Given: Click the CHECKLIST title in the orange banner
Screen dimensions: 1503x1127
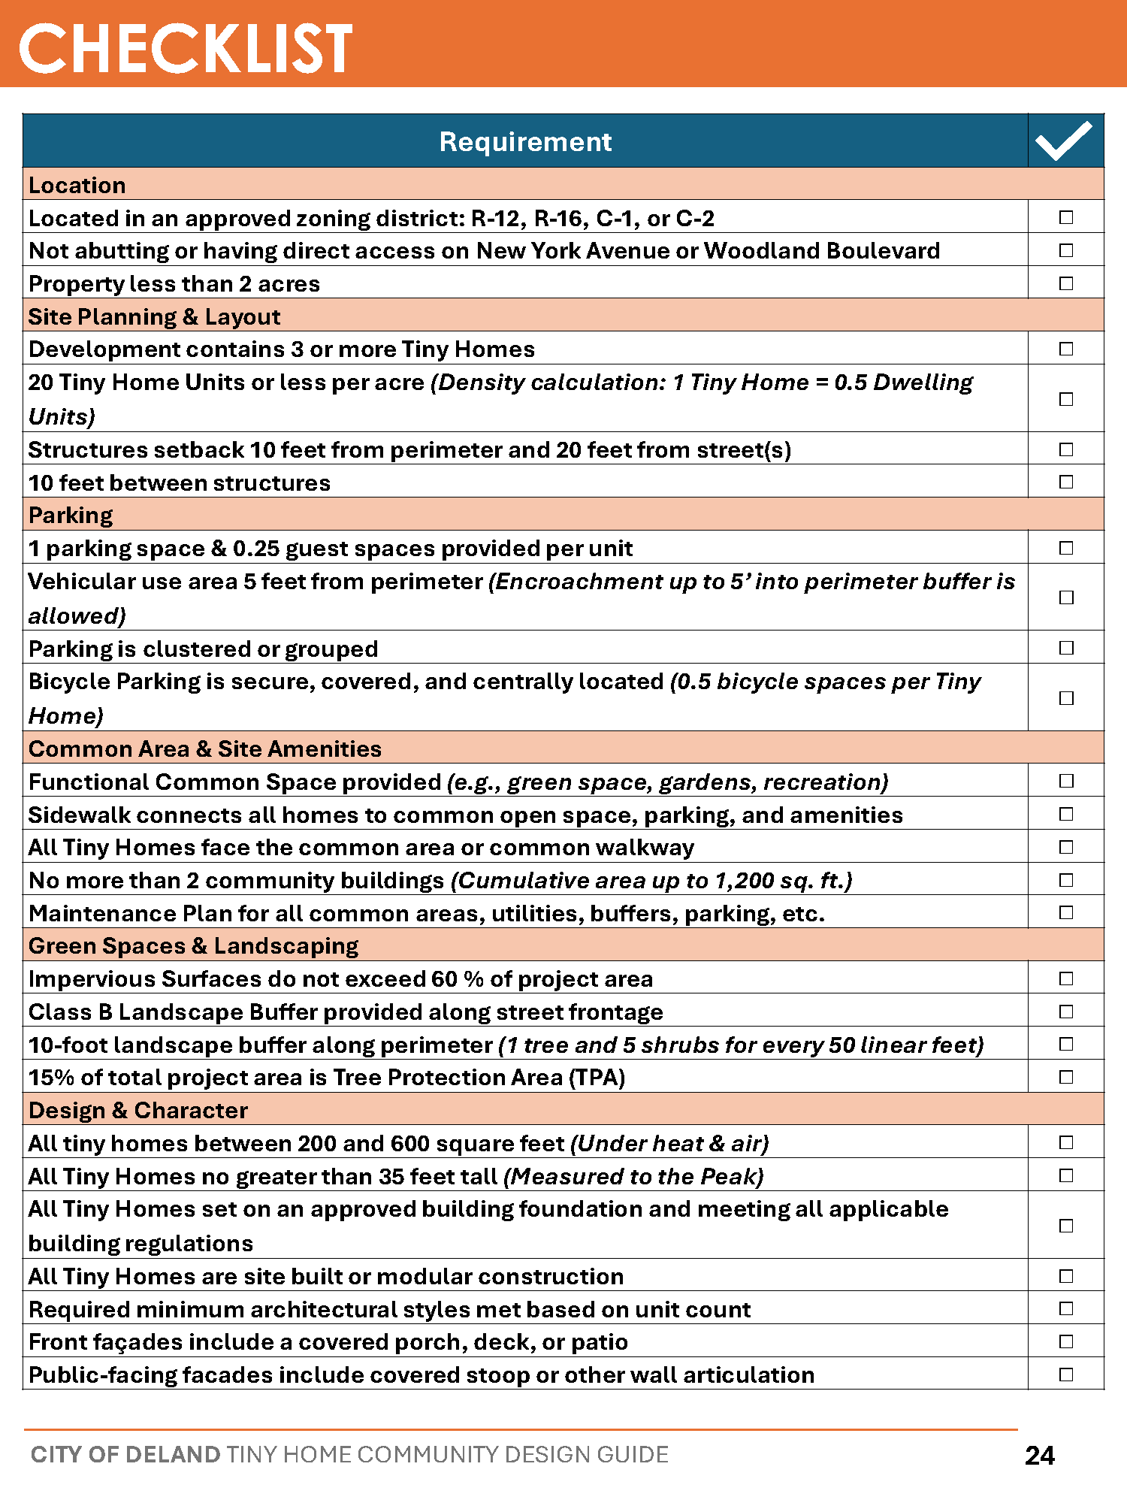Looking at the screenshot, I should [186, 48].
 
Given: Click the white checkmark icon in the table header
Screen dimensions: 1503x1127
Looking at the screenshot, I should [1064, 141].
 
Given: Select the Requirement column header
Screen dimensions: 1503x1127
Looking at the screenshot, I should [525, 141].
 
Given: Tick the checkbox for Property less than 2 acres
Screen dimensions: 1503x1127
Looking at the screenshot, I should [1066, 283].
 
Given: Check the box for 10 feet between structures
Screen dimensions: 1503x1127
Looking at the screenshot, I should [1066, 482].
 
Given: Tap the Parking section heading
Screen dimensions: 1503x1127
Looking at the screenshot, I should [71, 516].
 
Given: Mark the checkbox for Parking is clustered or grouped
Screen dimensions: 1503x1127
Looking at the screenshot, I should [1066, 648].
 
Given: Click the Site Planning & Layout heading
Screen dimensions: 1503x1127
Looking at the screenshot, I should [154, 316].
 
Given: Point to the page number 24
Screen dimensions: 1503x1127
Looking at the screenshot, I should [1040, 1456].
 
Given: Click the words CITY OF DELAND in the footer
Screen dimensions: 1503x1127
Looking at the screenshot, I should [125, 1454].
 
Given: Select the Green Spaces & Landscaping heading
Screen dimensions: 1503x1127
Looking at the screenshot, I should [193, 945].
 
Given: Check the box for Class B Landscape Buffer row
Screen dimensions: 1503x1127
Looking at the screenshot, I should [1066, 1012].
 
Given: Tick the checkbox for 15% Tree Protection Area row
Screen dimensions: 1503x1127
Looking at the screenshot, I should [1066, 1077].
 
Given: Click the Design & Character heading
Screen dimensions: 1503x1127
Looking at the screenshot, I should [137, 1110].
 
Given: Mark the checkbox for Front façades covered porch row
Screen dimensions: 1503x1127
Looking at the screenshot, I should [1066, 1341].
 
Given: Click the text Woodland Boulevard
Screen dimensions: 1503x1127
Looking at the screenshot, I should [821, 250].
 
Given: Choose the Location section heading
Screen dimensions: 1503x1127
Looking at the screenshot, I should [77, 185].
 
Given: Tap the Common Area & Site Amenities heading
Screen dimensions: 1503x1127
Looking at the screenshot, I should [204, 748].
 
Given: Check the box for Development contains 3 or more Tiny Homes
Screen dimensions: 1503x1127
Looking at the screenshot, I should [1066, 349].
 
